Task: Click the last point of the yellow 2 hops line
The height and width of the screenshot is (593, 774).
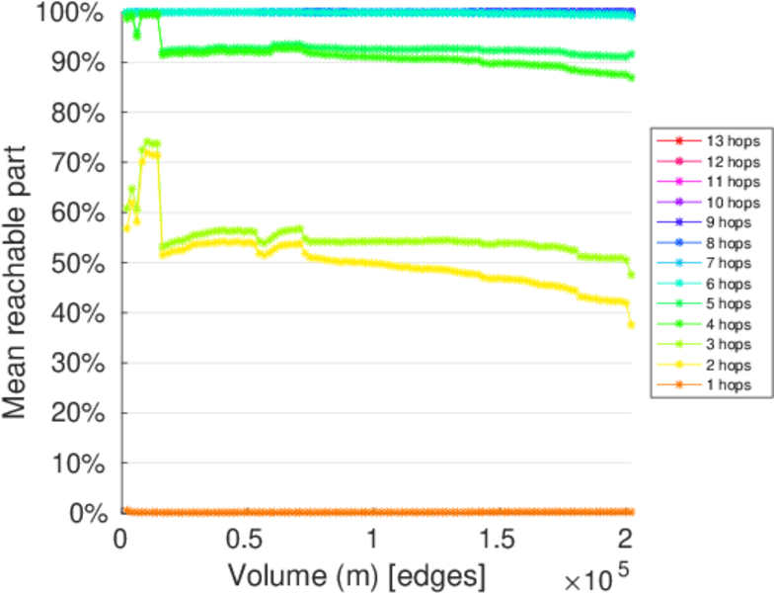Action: [x=631, y=324]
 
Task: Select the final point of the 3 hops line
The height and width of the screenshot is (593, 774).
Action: [x=631, y=274]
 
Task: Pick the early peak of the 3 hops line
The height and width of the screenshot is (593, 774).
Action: [x=147, y=141]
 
